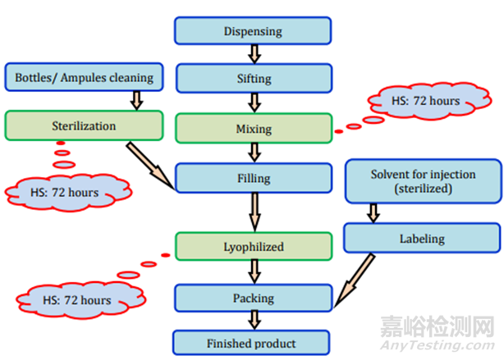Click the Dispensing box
coord(252,32)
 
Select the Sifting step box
coord(252,80)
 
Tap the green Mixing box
coord(252,129)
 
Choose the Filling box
coord(252,177)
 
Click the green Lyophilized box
coord(252,245)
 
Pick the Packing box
coord(252,298)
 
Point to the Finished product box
coord(252,343)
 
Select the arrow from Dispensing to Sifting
coord(254,55)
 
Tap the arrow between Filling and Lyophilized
coord(254,212)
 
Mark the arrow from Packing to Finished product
coord(254,321)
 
